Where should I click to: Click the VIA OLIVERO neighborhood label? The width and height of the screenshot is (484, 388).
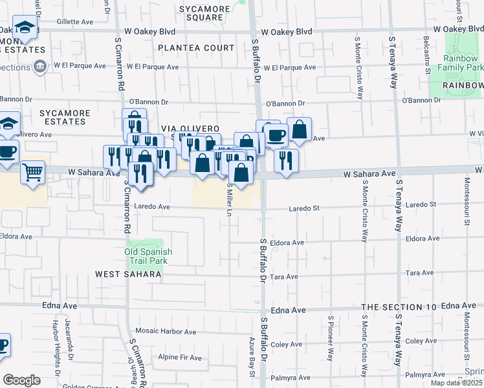192,129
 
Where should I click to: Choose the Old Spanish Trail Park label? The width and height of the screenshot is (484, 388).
146,256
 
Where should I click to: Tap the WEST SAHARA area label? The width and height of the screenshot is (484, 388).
128,274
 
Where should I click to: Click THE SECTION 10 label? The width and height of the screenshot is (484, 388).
399,307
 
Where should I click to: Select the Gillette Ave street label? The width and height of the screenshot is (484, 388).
76,21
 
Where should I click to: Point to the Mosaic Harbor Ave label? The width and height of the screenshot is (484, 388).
165,332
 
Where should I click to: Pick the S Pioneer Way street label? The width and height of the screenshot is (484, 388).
331,337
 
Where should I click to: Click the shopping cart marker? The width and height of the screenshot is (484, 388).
32,173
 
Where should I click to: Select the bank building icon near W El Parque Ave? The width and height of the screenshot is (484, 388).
40,66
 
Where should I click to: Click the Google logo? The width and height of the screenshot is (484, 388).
21,380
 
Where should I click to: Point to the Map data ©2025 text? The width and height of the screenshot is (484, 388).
456,383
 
